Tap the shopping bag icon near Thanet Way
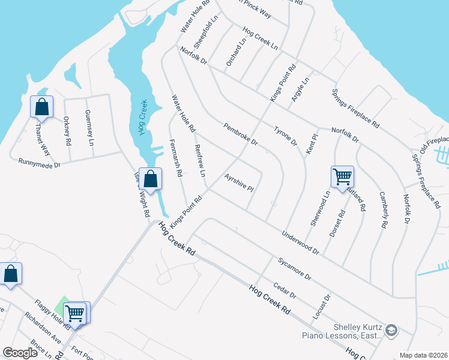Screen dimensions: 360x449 point(42,107)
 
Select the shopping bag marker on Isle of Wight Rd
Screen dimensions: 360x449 point(151,178)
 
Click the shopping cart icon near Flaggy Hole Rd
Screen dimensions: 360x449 point(75,312)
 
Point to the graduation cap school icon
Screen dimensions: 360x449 point(391,330)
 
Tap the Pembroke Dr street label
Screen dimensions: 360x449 point(240,134)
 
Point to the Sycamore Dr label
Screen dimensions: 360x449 point(294,269)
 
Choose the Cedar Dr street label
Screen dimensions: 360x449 point(285,291)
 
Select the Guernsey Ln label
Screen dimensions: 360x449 point(89,128)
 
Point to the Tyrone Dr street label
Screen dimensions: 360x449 point(285,136)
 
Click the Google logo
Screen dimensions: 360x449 point(20,352)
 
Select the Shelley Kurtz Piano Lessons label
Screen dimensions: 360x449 point(358,331)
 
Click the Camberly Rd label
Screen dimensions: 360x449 point(382,210)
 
